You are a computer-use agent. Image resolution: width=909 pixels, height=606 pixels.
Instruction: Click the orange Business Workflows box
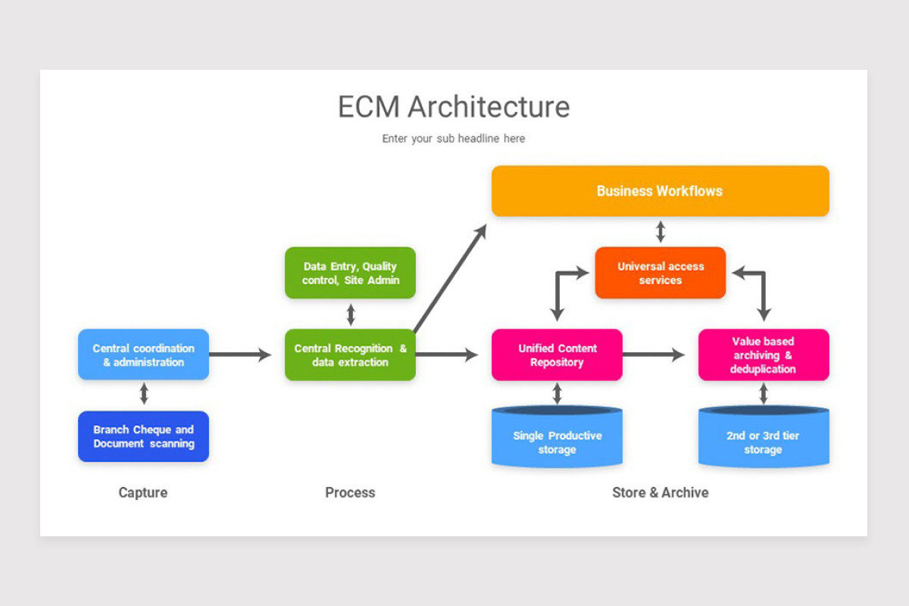[x=660, y=191]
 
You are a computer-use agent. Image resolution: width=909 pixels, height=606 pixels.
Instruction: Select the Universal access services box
[x=660, y=273]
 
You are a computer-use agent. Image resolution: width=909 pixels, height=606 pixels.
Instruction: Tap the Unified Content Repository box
[x=557, y=355]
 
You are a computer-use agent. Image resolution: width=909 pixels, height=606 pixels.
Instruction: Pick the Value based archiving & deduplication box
[x=763, y=355]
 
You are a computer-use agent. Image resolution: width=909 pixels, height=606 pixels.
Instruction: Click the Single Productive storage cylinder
[x=557, y=442]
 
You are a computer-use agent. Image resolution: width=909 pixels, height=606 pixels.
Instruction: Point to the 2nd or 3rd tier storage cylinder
[x=763, y=442]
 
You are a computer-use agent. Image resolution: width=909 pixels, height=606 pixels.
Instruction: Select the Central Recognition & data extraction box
[x=350, y=355]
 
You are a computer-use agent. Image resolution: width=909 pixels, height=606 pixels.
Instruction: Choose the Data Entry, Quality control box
[x=350, y=273]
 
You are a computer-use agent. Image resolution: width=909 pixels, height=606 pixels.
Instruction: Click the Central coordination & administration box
[x=143, y=355]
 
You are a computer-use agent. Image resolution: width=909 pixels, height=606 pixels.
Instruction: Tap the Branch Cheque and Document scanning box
[x=143, y=436]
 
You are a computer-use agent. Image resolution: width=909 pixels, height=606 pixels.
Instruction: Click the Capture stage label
[x=143, y=492]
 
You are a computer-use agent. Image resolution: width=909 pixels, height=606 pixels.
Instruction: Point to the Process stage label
[x=350, y=492]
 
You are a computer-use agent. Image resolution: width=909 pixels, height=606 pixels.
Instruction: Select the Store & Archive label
[x=660, y=492]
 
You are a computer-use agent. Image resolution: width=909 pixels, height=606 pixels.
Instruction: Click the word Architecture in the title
[x=489, y=107]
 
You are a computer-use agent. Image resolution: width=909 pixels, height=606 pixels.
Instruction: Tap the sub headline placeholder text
[x=453, y=139]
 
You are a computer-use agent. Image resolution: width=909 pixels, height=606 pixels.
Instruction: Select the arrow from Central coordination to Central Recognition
[x=239, y=355]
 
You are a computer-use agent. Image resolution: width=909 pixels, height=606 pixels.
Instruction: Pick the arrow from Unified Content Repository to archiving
[x=653, y=355]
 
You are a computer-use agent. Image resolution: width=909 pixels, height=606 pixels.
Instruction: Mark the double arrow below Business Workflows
[x=660, y=231]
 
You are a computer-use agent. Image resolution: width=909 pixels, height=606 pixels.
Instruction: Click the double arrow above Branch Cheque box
[x=143, y=394]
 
